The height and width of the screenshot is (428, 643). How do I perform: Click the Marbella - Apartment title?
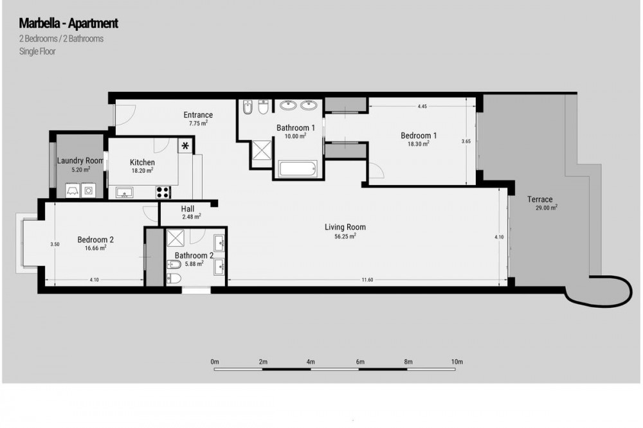click(69, 23)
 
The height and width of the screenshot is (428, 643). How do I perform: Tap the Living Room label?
click(345, 227)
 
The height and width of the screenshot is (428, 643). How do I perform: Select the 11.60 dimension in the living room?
click(367, 280)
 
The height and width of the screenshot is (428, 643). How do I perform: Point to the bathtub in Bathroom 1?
click(298, 169)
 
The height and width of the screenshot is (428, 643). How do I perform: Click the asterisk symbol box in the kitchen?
click(185, 145)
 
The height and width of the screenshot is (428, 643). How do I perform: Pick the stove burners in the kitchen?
click(163, 192)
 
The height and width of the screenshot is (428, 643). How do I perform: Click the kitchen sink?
click(124, 192)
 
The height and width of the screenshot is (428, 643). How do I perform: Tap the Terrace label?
click(539, 200)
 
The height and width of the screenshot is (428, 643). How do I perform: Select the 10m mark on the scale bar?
click(457, 362)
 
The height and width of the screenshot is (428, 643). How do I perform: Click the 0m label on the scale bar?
click(215, 362)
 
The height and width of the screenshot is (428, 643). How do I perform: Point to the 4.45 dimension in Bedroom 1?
click(422, 106)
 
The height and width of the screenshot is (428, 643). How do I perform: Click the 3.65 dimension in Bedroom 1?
click(466, 141)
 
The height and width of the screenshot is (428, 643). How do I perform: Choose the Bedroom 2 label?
click(96, 240)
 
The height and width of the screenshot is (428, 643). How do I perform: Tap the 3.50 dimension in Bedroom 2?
click(55, 244)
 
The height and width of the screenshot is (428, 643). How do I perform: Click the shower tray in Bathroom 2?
click(176, 238)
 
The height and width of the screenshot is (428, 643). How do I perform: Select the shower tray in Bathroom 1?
click(261, 150)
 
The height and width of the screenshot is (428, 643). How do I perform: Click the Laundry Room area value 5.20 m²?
click(81, 169)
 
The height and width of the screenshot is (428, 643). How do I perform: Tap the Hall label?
click(188, 209)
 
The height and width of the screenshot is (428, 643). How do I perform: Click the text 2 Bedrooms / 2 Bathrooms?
click(61, 39)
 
